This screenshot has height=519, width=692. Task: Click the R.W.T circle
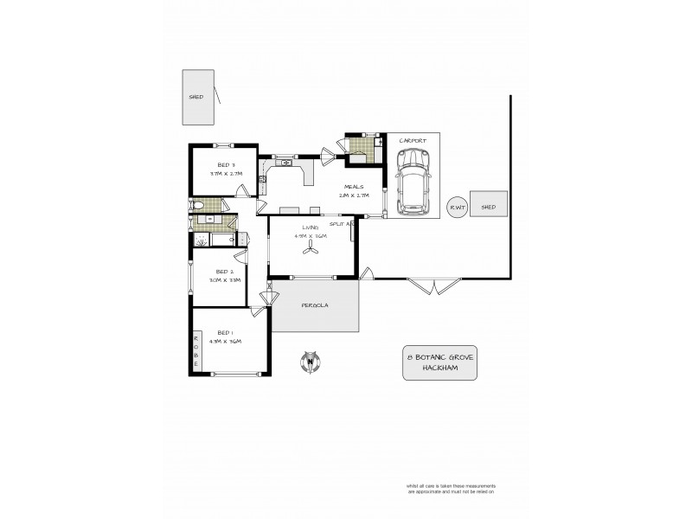pyautogui.click(x=456, y=207)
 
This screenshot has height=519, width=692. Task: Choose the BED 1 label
pyautogui.click(x=224, y=332)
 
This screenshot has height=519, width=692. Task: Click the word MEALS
pyautogui.click(x=354, y=186)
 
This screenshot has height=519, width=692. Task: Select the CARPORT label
pyautogui.click(x=412, y=141)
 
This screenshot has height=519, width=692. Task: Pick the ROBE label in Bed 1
pyautogui.click(x=196, y=351)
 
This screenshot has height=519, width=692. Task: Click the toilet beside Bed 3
pyautogui.click(x=196, y=205)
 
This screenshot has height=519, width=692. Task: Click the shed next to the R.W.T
pyautogui.click(x=489, y=207)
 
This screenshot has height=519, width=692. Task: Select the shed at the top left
pyautogui.click(x=196, y=97)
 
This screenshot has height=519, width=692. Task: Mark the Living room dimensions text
pyautogui.click(x=311, y=235)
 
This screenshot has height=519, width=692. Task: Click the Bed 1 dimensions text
pyautogui.click(x=225, y=342)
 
